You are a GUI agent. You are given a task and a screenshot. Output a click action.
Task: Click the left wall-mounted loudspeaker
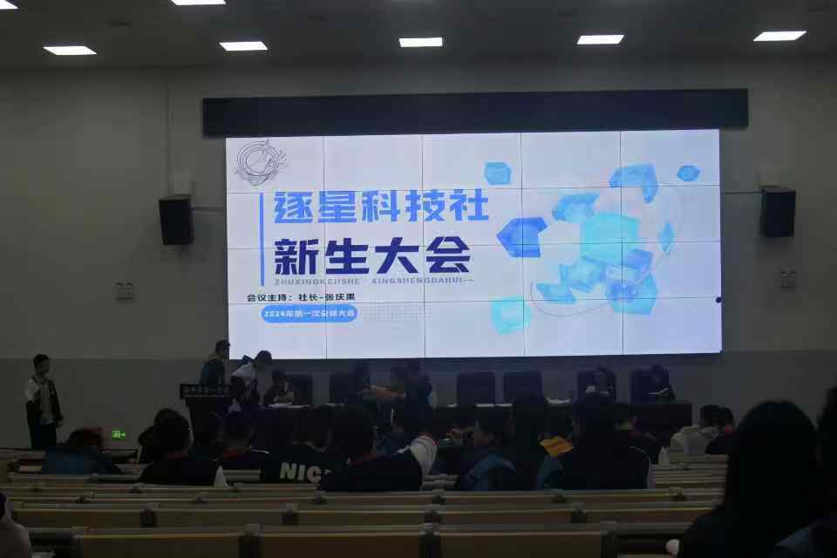click(x=176, y=220)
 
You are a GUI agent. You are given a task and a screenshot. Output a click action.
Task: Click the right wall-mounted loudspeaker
click(x=777, y=212)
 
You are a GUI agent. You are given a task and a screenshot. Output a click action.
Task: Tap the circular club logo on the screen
click(x=260, y=162)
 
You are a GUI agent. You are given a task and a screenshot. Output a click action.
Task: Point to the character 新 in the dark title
click(x=294, y=255)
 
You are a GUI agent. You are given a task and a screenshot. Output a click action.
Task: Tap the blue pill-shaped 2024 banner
click(x=310, y=314)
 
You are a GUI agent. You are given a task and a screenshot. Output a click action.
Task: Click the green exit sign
click(x=119, y=433)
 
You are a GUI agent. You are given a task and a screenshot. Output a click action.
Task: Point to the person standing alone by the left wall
click(x=42, y=401)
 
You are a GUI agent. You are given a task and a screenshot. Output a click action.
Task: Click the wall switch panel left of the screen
click(x=126, y=290)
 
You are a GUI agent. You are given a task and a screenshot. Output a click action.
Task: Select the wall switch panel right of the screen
click(x=788, y=279)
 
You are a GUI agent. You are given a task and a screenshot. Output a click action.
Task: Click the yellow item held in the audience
click(x=556, y=446)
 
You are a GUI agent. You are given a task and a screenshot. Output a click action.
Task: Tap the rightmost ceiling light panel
click(x=779, y=36)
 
